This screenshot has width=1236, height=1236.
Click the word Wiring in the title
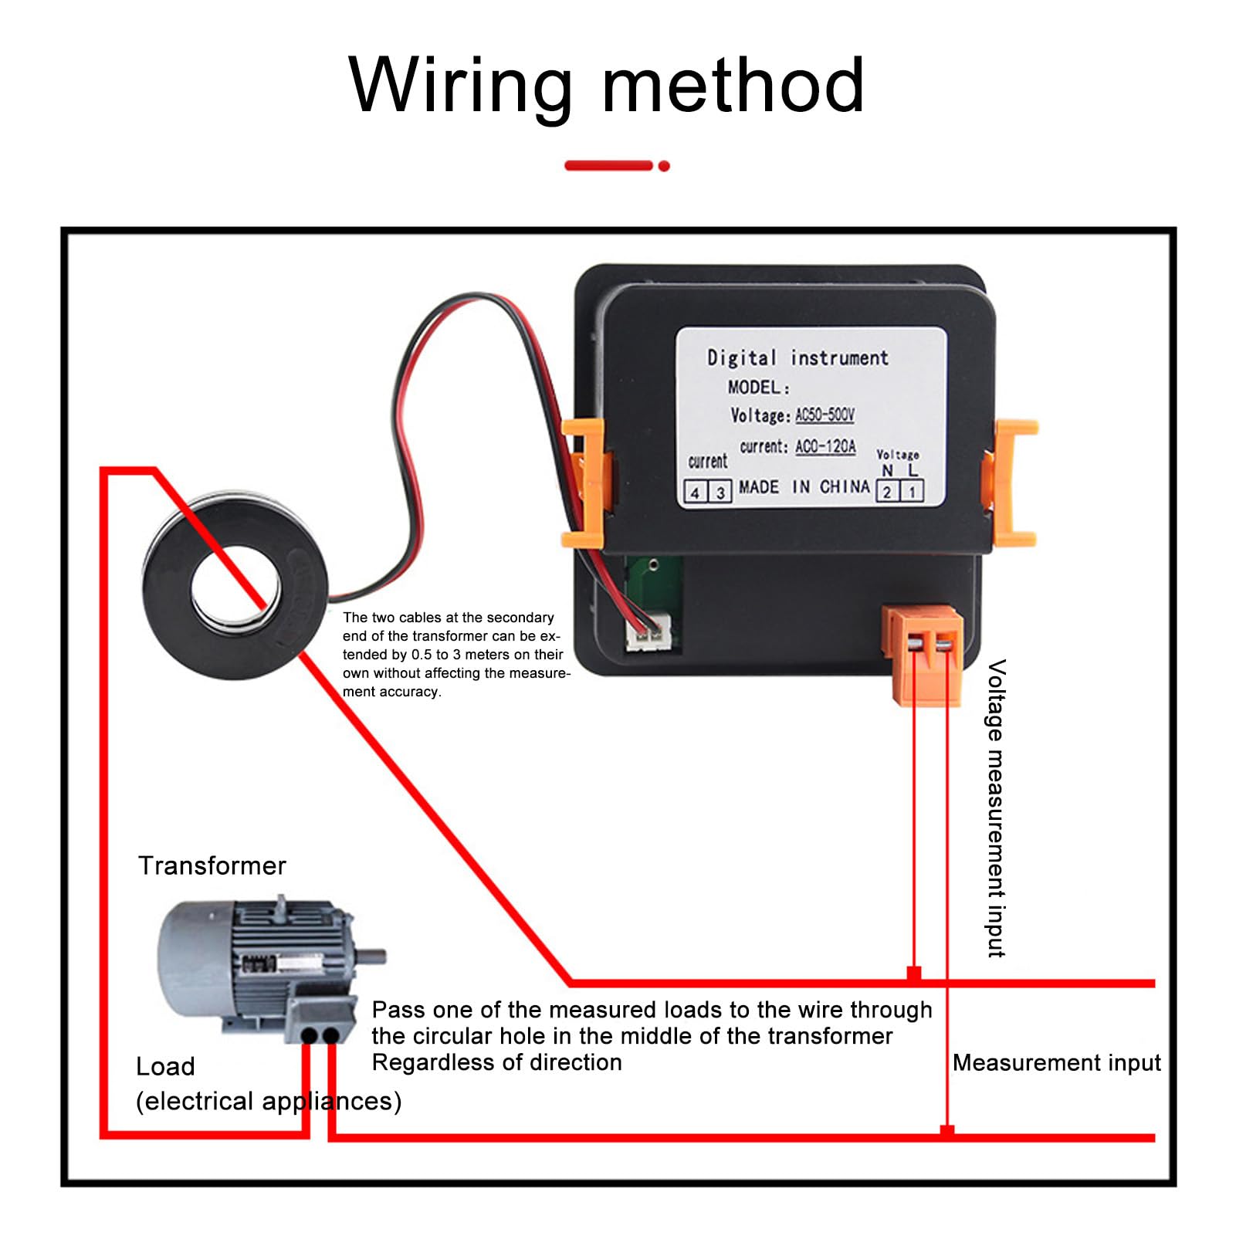pos(460,86)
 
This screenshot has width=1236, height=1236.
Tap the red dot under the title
pos(664,166)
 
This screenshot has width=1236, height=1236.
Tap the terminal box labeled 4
pos(696,493)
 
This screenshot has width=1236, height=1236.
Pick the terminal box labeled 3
pos(720,493)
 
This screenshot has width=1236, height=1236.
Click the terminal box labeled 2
pos(888,493)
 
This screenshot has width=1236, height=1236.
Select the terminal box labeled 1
pos(912,493)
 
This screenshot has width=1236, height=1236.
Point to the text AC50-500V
pos(825,415)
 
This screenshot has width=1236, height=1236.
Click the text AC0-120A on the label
pos(825,447)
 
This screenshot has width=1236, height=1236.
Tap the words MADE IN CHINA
pos(804,487)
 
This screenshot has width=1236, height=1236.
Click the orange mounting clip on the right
pos(1011,483)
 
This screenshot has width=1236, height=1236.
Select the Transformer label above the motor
pos(212,865)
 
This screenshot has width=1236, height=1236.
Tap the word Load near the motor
pos(165,1066)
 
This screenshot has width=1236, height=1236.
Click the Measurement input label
pos(1056,1063)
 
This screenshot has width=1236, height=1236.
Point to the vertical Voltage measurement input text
pos(996,808)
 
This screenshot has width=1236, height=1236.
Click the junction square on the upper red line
pos(914,974)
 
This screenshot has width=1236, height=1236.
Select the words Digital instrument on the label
pos(797,358)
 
